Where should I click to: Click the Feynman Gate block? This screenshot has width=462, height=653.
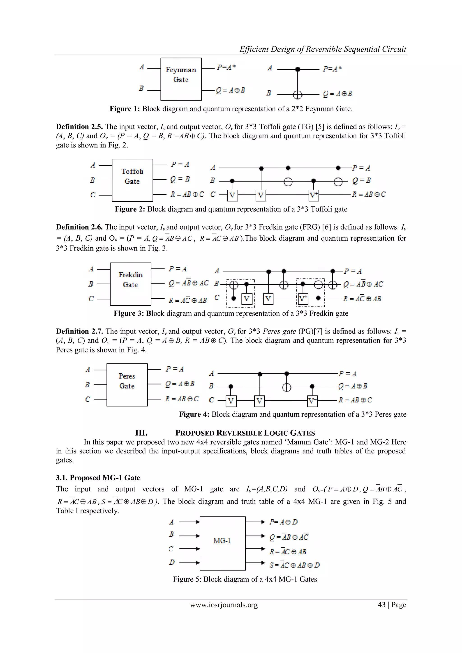pyautogui.click(x=181, y=79)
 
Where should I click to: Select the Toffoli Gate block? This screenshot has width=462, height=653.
pyautogui.click(x=132, y=180)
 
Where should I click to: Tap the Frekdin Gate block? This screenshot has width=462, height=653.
pyautogui.click(x=131, y=284)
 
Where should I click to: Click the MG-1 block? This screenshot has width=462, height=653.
pyautogui.click(x=222, y=543)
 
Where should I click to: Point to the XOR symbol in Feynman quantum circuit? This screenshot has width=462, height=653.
pyautogui.click(x=298, y=94)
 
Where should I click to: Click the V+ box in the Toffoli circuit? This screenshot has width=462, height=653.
pyautogui.click(x=314, y=195)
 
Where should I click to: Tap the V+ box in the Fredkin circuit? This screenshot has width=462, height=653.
pyautogui.click(x=303, y=299)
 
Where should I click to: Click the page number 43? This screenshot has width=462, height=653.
pyautogui.click(x=381, y=605)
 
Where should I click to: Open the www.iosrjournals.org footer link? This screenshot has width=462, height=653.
pyautogui.click(x=224, y=605)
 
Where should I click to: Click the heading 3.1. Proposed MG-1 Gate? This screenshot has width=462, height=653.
pyautogui.click(x=98, y=478)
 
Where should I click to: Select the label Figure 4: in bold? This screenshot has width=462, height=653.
pyautogui.click(x=194, y=414)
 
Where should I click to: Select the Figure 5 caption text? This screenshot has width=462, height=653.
pyautogui.click(x=245, y=579)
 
